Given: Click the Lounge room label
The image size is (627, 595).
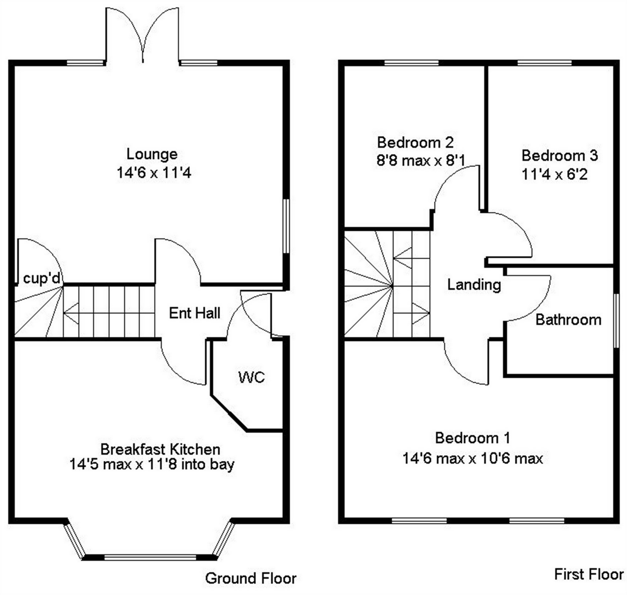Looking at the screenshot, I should pyautogui.click(x=152, y=154).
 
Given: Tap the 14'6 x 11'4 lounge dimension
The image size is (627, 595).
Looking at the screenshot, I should pyautogui.click(x=154, y=173).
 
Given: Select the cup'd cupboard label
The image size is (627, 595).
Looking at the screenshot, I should pyautogui.click(x=42, y=278).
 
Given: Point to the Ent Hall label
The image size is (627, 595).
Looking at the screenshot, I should pyautogui.click(x=195, y=313).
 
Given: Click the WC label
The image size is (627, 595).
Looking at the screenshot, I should pyautogui.click(x=251, y=377).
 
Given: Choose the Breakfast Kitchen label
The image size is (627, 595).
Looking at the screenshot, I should pyautogui.click(x=160, y=449).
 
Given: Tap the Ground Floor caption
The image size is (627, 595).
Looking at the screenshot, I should pyautogui.click(x=250, y=578).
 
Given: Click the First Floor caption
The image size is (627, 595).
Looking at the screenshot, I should pyautogui.click(x=588, y=574).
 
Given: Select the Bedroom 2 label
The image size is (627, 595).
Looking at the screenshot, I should pyautogui.click(x=415, y=142).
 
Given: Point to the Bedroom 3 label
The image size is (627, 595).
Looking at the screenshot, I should pyautogui.click(x=560, y=155).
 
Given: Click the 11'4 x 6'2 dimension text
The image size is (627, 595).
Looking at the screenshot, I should pyautogui.click(x=555, y=175).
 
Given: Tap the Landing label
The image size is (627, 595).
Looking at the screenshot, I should pyautogui.click(x=474, y=284).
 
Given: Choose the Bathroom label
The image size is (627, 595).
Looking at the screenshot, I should pyautogui.click(x=568, y=320).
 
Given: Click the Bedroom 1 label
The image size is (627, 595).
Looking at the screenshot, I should pyautogui.click(x=472, y=438).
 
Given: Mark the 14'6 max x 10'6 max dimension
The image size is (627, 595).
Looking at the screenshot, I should pyautogui.click(x=472, y=459).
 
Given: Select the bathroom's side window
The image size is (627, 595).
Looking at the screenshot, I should pyautogui.click(x=616, y=320).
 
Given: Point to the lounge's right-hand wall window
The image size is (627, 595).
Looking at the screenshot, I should pyautogui.click(x=286, y=226).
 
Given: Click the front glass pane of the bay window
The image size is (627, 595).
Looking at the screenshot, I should pyautogui.click(x=150, y=557).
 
